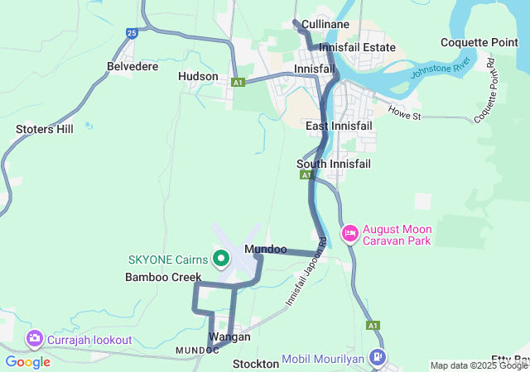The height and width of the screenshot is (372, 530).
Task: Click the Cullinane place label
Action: click(x=325, y=25)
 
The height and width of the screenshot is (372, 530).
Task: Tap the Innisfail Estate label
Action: click(x=357, y=48)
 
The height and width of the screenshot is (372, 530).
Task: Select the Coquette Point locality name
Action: click(x=479, y=42)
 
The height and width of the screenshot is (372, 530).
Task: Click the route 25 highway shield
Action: click(x=132, y=33)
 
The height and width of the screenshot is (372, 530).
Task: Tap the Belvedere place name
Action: click(x=132, y=66)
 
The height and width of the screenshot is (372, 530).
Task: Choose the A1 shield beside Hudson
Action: click(x=238, y=83)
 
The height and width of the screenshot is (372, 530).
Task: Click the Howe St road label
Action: click(x=405, y=112)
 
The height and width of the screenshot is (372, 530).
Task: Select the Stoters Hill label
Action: click(x=45, y=129)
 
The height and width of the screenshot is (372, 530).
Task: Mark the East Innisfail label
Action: click(x=339, y=126)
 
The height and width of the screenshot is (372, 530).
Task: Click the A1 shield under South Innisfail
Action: click(x=306, y=175)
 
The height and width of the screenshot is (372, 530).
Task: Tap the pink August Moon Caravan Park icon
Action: click(x=349, y=234)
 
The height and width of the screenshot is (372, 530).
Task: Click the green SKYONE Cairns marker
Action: click(x=221, y=259)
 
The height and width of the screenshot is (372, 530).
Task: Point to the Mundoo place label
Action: click(x=266, y=249)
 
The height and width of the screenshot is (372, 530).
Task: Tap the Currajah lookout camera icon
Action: click(x=35, y=339)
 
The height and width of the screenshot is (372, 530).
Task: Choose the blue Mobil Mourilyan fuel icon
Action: click(x=378, y=358)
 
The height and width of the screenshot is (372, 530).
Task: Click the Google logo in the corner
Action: click(x=27, y=361)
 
